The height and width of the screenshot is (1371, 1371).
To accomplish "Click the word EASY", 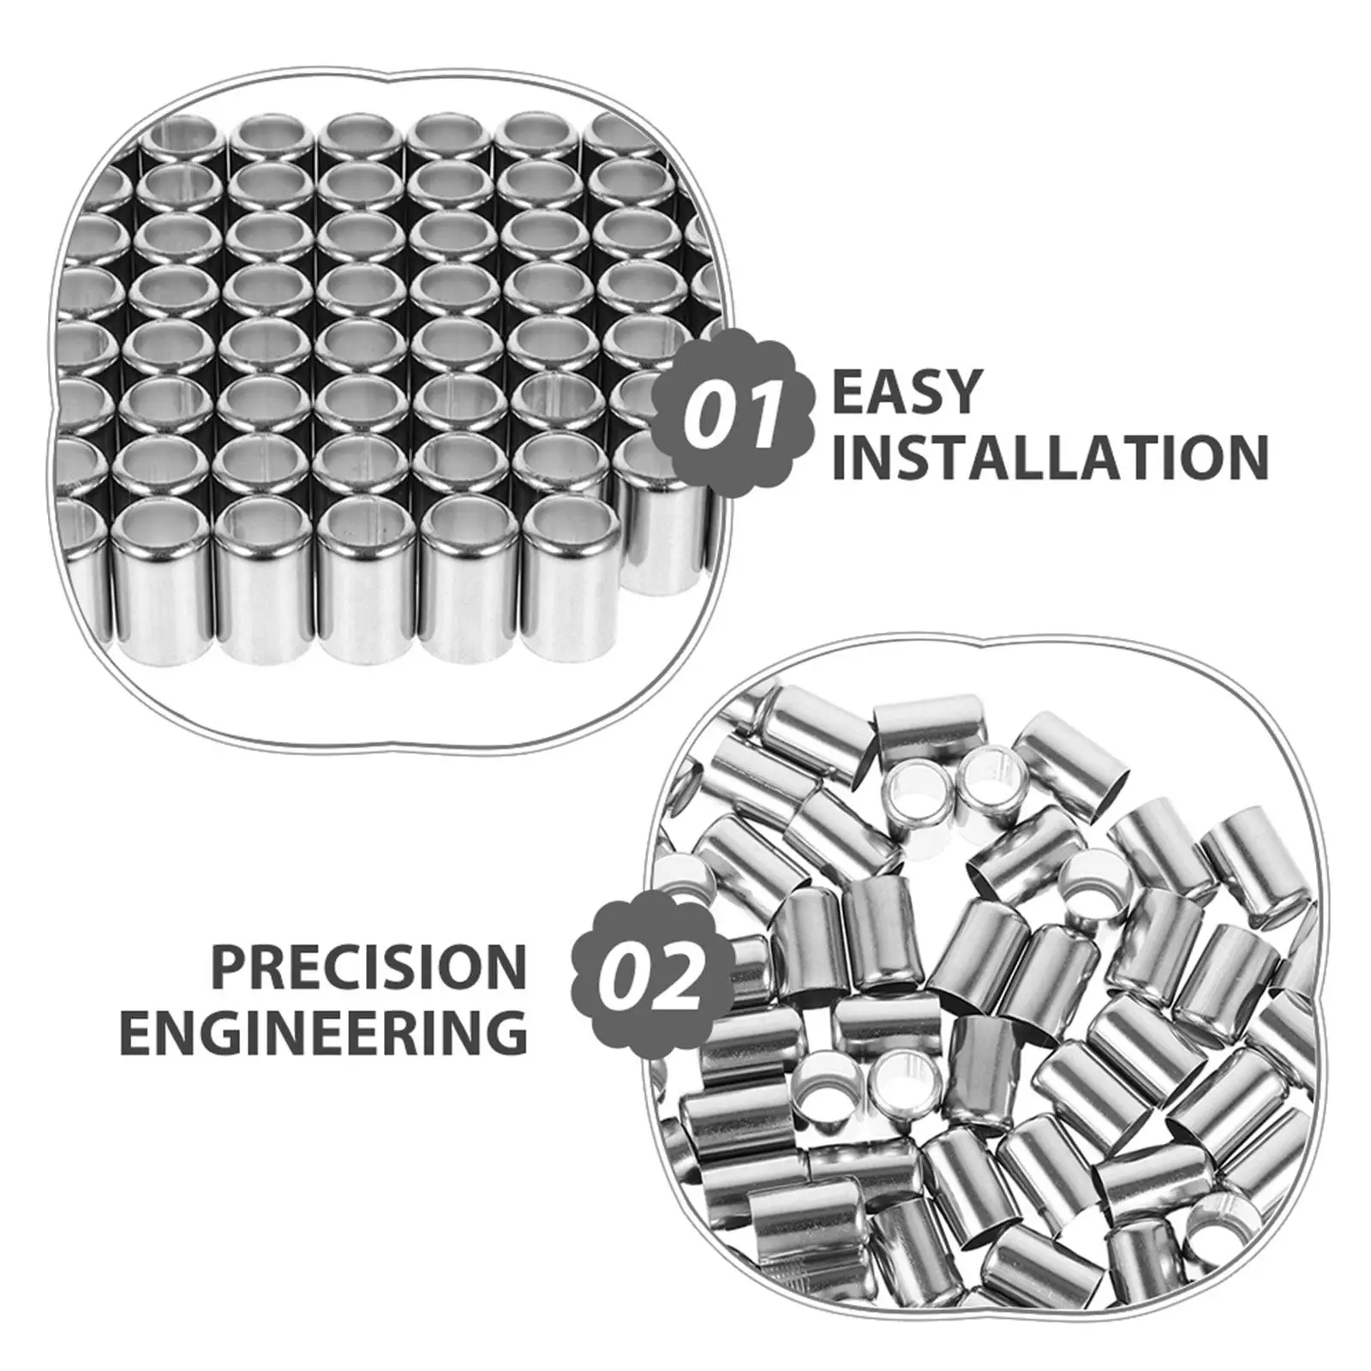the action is coord(906,392).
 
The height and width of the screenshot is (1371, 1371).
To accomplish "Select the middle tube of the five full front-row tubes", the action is coord(370,579).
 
